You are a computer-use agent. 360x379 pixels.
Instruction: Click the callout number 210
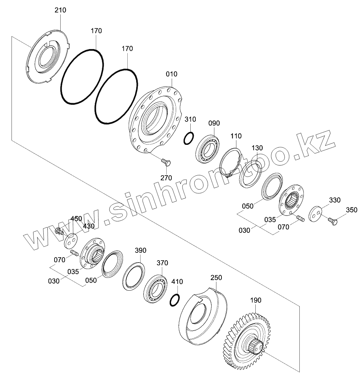click(x=60, y=10)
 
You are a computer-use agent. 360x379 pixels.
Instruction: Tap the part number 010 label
click(x=172, y=74)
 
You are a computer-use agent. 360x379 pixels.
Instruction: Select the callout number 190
click(x=256, y=300)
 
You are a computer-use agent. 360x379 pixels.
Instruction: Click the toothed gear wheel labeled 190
click(x=252, y=343)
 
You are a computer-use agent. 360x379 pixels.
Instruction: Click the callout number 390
click(x=141, y=250)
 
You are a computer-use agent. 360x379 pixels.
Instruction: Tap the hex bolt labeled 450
click(x=59, y=232)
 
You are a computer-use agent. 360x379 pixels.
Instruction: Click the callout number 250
click(x=216, y=278)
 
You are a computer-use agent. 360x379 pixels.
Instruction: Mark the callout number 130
click(x=257, y=148)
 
